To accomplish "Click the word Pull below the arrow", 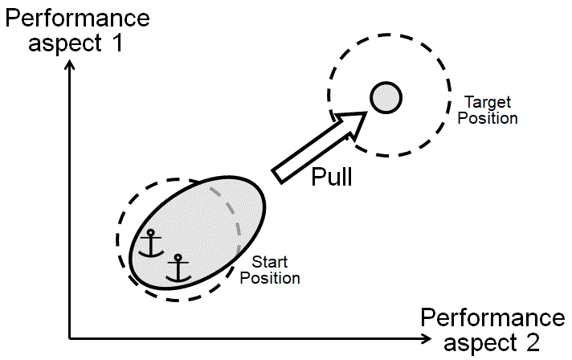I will point(331,176).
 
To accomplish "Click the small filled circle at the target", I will point(386,98).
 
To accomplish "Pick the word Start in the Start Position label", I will point(270,262).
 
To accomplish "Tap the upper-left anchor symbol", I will point(149,243).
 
